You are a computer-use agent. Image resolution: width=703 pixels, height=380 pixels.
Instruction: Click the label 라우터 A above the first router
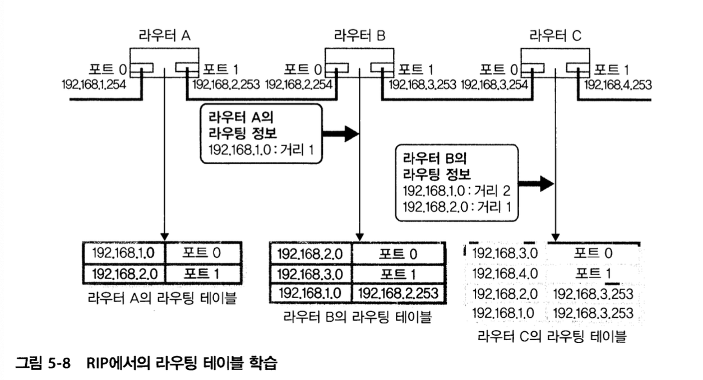point(164,35)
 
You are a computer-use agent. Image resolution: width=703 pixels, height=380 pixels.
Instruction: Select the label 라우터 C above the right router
point(555,35)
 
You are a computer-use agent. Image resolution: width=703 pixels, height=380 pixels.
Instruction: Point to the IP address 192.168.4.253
point(618,85)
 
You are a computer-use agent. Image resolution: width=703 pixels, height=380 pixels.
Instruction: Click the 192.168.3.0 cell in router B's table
point(311,274)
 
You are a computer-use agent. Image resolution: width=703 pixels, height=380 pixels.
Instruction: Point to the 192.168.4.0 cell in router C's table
point(505,273)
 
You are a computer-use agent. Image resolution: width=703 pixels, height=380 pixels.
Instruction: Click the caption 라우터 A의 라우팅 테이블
point(161,298)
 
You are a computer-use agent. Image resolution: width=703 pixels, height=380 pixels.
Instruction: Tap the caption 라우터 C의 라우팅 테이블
point(552,337)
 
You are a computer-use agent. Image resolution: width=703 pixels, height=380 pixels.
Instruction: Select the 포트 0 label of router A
point(107,69)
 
